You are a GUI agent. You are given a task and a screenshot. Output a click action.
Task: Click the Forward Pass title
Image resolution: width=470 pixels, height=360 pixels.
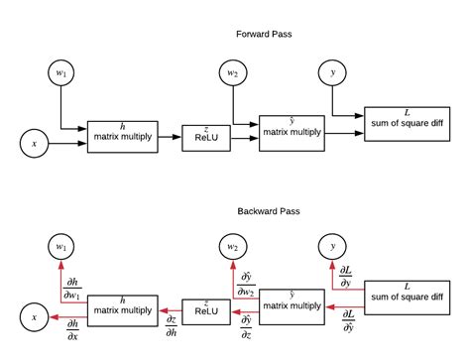point(263,34)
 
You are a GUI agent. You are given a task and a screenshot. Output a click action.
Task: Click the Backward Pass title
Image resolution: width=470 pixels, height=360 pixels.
point(265,211)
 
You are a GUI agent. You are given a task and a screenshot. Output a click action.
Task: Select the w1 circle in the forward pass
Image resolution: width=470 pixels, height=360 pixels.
point(61,71)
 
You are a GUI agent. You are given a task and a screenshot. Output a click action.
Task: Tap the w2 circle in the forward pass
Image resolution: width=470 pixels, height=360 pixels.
point(232,71)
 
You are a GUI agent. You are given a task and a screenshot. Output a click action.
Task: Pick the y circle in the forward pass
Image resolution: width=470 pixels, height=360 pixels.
point(331,71)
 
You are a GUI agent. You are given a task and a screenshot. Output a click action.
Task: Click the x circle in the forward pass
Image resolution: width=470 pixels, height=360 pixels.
point(35,144)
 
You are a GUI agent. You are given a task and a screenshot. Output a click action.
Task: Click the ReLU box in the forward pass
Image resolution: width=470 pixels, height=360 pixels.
point(205,138)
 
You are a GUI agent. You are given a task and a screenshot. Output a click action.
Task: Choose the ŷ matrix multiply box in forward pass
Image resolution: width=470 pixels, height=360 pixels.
point(291,126)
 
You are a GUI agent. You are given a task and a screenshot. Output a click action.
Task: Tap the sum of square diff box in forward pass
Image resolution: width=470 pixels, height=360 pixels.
point(408,120)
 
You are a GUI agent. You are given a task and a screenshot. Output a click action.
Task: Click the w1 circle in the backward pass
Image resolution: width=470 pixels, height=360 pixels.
point(61,245)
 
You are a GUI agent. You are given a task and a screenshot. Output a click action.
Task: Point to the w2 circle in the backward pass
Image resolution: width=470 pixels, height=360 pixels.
point(232,245)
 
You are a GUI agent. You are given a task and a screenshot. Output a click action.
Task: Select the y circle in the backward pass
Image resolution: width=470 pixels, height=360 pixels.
point(331,245)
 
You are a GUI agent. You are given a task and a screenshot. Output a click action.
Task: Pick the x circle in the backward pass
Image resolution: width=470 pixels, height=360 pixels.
point(35,317)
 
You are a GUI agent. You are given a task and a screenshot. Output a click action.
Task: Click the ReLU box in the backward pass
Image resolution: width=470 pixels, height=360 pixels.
point(205,311)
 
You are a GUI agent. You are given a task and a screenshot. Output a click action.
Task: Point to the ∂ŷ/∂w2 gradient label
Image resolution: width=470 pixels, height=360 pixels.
point(245,285)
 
